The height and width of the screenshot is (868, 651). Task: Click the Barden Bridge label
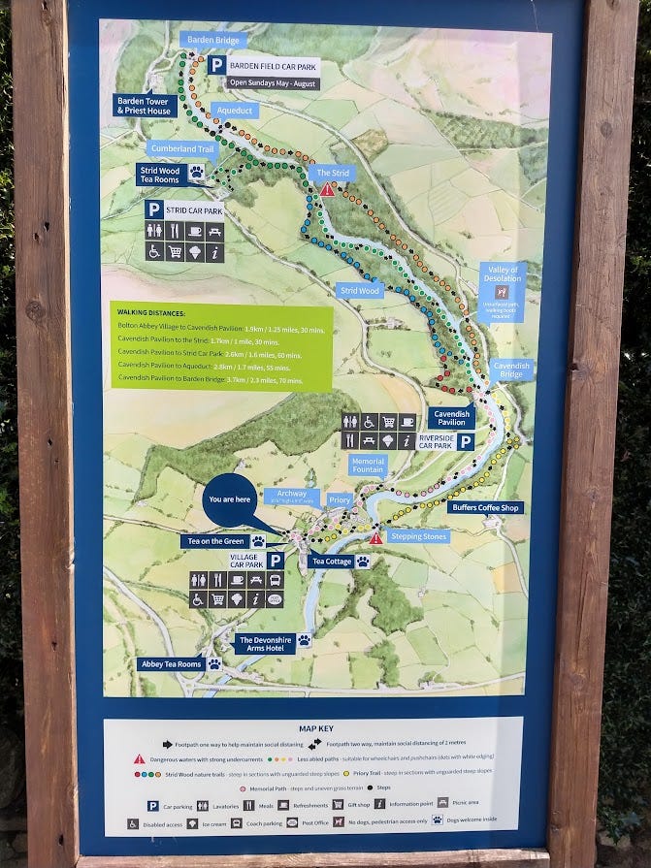213,40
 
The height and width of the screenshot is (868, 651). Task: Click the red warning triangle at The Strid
328,190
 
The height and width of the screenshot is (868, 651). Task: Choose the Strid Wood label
360,290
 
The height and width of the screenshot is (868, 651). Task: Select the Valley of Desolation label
503,275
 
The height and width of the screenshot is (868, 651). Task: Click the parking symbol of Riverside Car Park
466,442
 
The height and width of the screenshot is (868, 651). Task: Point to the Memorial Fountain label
368,466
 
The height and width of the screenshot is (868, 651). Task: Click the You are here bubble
229,499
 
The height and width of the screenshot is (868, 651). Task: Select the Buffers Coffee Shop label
485,507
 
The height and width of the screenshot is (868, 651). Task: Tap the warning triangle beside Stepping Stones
375,537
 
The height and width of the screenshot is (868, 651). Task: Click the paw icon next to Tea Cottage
362,562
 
